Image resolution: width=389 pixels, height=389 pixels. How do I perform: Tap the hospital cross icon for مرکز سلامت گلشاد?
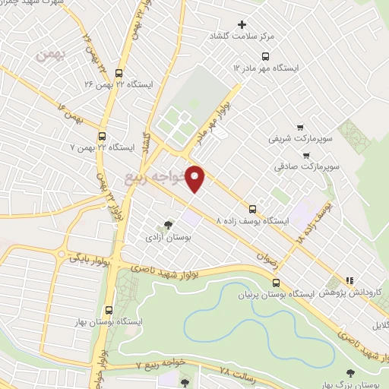[242, 25]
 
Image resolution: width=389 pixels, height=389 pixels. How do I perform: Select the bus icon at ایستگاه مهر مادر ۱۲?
[266, 55]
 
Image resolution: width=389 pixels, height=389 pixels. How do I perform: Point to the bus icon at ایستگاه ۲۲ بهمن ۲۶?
[119, 73]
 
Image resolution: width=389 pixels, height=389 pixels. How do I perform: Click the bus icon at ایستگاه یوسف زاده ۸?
[253, 209]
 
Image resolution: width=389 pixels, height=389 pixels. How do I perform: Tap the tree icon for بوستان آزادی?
[168, 225]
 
